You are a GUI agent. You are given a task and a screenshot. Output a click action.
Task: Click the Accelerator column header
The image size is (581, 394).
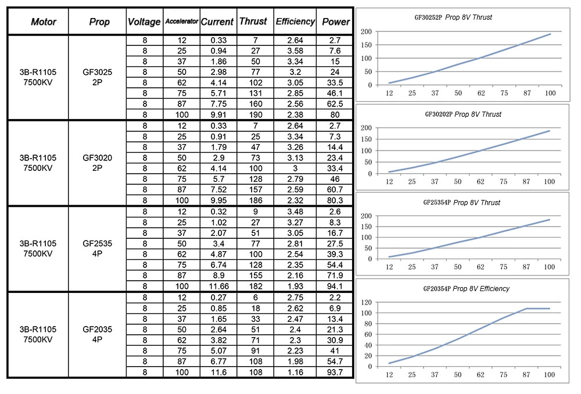pyautogui.click(x=181, y=22)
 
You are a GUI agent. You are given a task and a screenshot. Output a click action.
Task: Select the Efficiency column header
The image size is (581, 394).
pyautogui.click(x=295, y=22)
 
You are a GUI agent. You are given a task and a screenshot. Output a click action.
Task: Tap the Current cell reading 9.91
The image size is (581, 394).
pyautogui.click(x=218, y=114)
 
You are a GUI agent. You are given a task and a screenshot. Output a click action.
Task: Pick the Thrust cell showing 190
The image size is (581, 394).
pyautogui.click(x=256, y=114)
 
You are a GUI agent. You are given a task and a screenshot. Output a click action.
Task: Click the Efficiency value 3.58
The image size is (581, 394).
pyautogui.click(x=295, y=51)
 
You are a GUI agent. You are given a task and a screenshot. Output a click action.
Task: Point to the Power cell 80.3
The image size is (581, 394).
pyautogui.click(x=335, y=200)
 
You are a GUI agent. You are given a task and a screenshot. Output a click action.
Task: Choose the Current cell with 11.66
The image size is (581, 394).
pyautogui.click(x=218, y=286)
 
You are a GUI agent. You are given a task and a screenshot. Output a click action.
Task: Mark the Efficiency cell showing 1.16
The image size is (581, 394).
pyautogui.click(x=295, y=372)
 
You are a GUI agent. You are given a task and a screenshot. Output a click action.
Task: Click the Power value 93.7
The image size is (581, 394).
pyautogui.click(x=335, y=372)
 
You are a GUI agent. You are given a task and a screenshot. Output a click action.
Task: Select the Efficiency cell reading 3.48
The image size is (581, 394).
pyautogui.click(x=295, y=212)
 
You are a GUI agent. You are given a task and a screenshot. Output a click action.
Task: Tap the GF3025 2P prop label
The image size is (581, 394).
pyautogui.click(x=97, y=77)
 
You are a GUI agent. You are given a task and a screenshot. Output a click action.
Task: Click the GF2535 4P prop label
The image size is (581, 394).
pyautogui.click(x=97, y=248)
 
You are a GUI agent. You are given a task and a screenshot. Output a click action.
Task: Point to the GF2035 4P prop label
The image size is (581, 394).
pyautogui.click(x=97, y=334)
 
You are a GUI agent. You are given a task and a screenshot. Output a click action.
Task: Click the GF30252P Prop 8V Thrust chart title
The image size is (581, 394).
pyautogui.click(x=453, y=17)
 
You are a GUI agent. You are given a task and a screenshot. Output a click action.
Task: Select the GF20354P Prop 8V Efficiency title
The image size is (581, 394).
pyautogui.click(x=466, y=289)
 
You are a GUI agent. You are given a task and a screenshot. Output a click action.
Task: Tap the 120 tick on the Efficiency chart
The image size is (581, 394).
pyautogui.click(x=367, y=302)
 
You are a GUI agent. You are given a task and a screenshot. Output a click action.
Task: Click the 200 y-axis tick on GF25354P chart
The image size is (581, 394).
pyautogui.click(x=367, y=216)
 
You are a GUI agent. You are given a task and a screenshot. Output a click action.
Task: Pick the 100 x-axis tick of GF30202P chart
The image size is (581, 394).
pyautogui.click(x=550, y=182)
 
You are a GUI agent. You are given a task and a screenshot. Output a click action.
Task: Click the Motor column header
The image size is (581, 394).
pyautogui.click(x=44, y=22)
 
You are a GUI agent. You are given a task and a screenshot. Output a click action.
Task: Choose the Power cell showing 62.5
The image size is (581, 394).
pyautogui.click(x=335, y=104)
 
